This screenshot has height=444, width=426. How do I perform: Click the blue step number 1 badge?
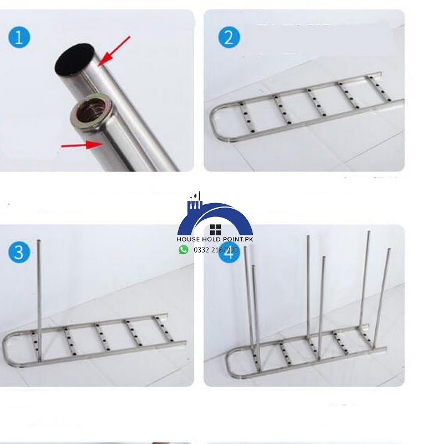coord(19,38)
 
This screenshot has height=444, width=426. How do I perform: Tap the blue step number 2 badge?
coord(229,38)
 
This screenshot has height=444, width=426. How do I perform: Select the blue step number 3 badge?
coord(19,252)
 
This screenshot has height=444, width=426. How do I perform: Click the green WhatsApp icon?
coord(184,250)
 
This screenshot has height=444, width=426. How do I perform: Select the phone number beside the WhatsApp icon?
coord(216,250)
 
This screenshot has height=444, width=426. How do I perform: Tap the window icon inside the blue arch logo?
coord(215,230)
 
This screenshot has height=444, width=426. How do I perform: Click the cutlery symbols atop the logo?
coord(195,198)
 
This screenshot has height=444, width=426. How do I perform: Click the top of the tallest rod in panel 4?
coord(368,233)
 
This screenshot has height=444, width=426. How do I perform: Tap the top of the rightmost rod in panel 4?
coord(389,250)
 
